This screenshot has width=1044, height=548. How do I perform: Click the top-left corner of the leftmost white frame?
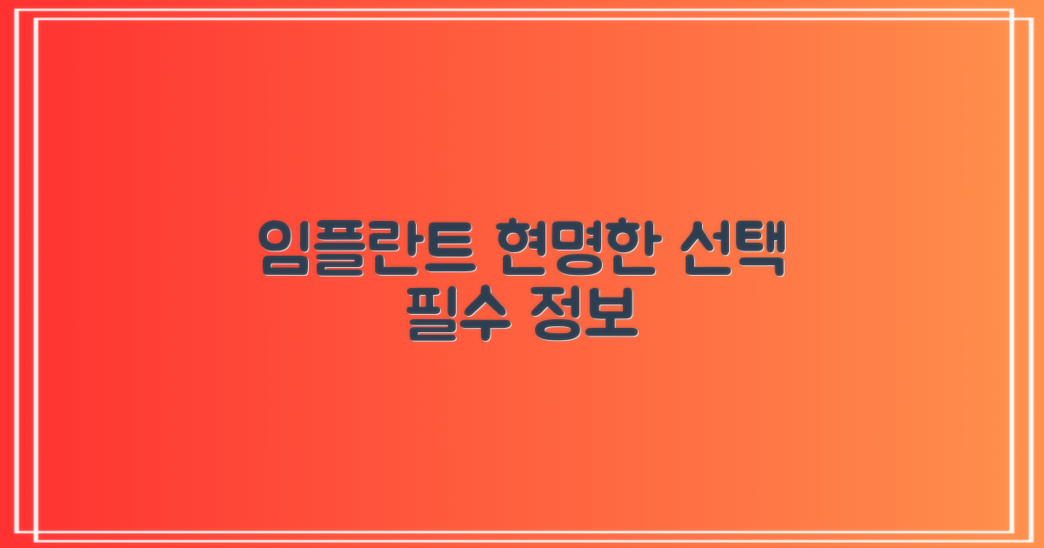27,10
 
